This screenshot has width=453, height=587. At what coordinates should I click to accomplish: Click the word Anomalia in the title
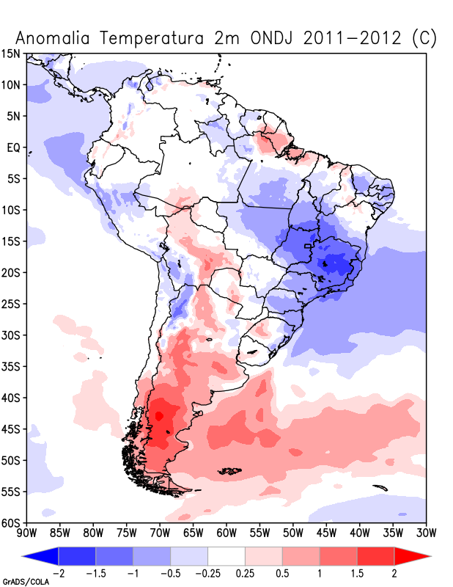(53, 38)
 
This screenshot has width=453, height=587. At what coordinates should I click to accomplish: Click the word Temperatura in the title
(152, 39)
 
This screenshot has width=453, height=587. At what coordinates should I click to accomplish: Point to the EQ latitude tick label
(13, 147)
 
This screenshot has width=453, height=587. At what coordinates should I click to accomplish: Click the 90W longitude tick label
(27, 533)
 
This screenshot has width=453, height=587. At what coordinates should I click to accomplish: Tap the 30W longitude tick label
(427, 533)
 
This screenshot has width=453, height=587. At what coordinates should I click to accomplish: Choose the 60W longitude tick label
(226, 533)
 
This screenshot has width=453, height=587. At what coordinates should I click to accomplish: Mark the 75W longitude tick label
(127, 533)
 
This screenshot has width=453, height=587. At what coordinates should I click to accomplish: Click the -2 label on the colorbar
(56, 574)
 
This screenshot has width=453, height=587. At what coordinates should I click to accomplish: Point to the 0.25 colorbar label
(245, 574)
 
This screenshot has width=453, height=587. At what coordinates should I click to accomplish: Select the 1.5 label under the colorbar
(357, 574)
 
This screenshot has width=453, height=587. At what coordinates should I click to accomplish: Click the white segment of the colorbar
(226, 556)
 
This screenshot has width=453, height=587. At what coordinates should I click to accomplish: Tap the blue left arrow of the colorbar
(40, 556)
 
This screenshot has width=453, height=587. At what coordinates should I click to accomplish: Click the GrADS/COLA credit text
(26, 582)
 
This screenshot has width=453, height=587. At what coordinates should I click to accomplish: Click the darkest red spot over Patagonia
(159, 416)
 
